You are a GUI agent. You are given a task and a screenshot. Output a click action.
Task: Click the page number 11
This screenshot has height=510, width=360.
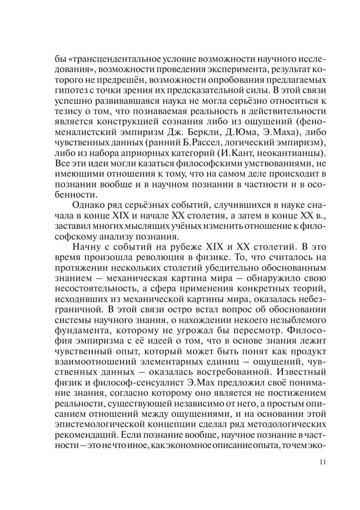click(x=322, y=462)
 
